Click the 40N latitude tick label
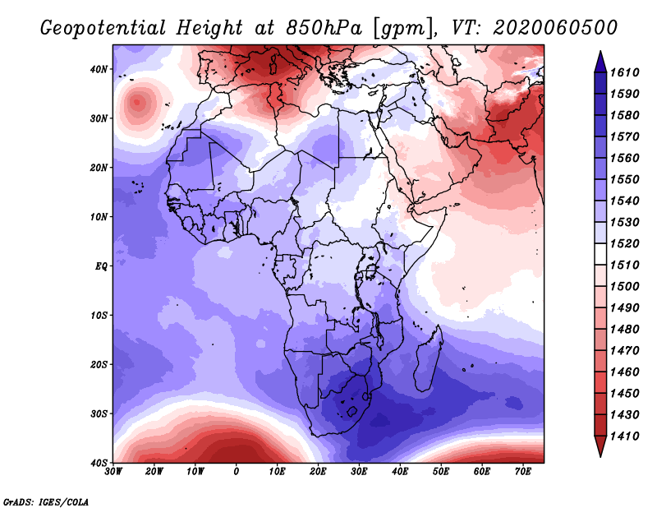99,69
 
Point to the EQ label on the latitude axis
101,266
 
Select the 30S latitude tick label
99,414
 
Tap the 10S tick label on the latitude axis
99,316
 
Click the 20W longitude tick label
154,472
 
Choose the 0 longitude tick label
237,472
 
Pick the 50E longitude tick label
441,472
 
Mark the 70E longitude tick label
522,472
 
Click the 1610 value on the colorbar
624,72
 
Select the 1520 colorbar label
624,243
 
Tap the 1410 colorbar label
624,436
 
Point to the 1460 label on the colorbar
624,372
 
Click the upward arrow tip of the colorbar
600,52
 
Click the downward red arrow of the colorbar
600,446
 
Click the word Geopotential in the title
103,28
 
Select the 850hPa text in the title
324,28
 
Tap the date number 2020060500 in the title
555,27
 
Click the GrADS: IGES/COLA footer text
46,501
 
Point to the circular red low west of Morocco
137,102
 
